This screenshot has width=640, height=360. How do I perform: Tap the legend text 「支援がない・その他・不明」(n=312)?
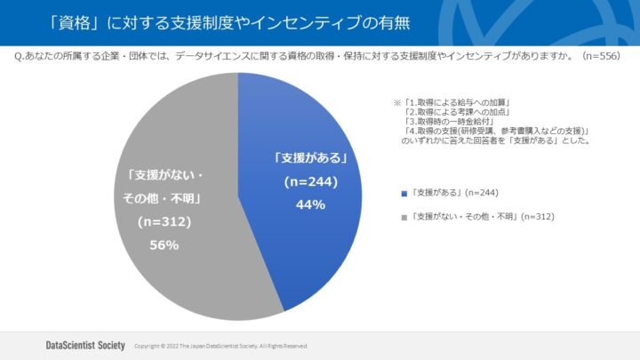479,216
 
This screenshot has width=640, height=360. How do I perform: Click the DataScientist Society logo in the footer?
84,344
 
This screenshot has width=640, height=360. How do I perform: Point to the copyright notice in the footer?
220,346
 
